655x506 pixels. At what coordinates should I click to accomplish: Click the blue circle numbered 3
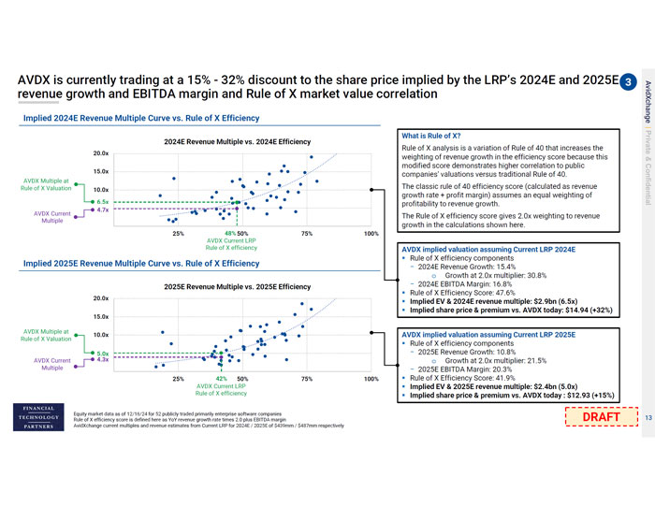(629, 81)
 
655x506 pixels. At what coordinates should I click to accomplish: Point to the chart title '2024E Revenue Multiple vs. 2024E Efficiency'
(238, 142)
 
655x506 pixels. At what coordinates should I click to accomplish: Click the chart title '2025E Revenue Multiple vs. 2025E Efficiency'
(238, 286)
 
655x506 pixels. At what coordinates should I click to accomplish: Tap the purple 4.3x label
(103, 359)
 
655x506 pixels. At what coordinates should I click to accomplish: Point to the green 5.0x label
(103, 352)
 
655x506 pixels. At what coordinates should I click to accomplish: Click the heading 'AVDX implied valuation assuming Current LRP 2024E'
(488, 251)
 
